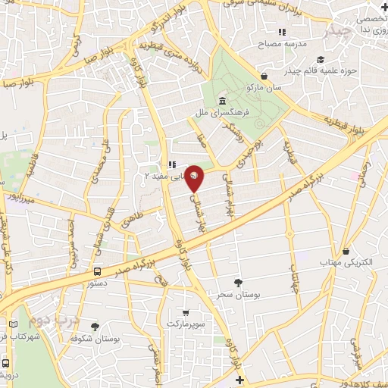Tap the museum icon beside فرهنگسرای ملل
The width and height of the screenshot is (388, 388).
coord(221,101)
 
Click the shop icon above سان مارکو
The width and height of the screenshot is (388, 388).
coord(264,77)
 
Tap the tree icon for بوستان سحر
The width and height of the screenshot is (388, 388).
coord(239,282)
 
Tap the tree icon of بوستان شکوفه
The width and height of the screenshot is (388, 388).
coord(95,327)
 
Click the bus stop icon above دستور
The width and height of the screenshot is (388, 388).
coord(97,271)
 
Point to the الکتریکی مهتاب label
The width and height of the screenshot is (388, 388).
coord(347,261)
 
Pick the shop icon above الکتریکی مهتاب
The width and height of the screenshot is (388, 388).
coord(346,250)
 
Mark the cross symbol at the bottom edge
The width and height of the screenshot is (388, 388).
coord(239,380)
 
